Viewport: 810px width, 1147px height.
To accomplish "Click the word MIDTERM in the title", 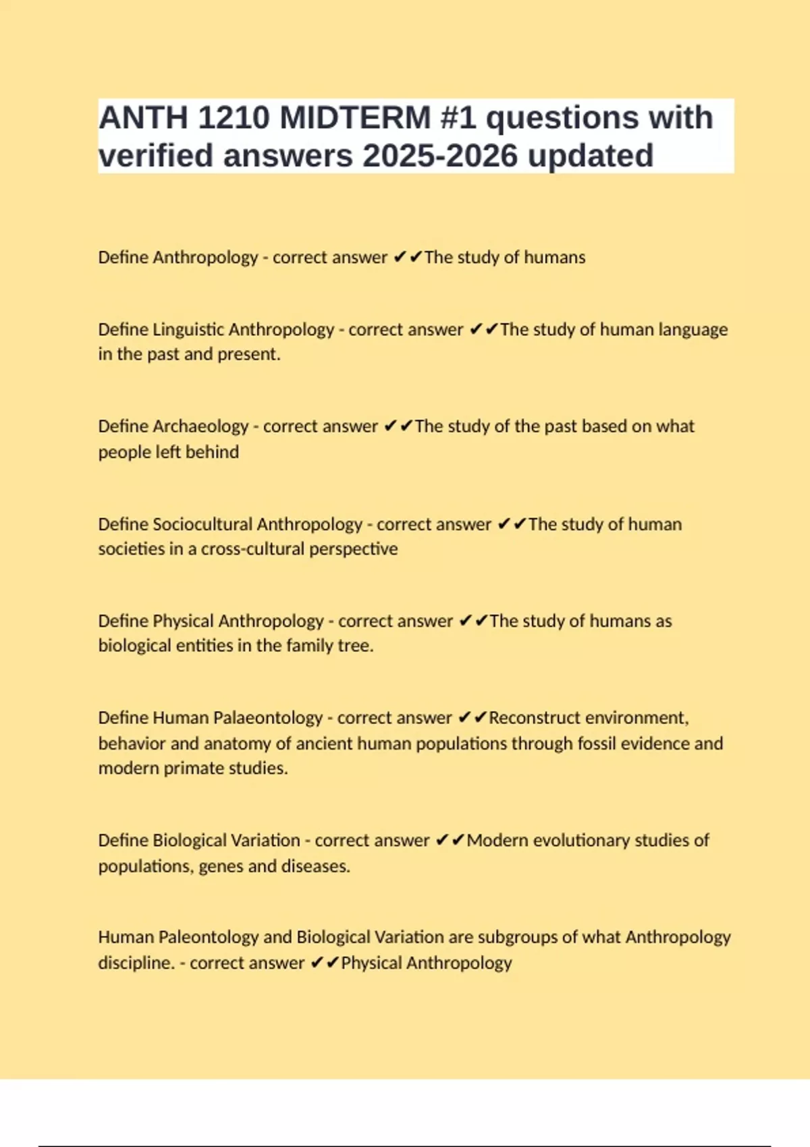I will [355, 117].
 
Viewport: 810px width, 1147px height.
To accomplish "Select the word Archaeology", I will [200, 426].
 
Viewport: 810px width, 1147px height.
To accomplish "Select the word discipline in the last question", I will [136, 963].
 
